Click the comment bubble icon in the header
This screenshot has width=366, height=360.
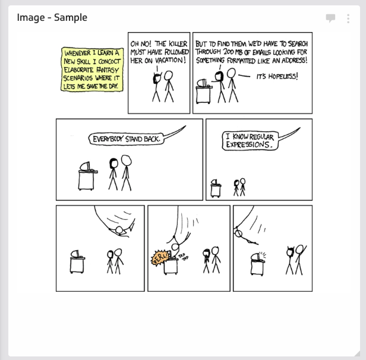click(x=330, y=18)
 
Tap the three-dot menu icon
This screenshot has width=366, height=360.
click(x=348, y=18)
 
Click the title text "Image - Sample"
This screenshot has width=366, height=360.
click(x=52, y=17)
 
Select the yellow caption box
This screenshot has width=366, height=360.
click(x=92, y=70)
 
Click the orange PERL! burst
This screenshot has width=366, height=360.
click(x=160, y=258)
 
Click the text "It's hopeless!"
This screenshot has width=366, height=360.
click(x=277, y=76)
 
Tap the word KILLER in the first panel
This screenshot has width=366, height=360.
click(x=178, y=44)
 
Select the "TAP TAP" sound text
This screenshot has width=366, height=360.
click(x=184, y=257)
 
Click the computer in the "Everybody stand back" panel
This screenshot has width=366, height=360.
click(x=88, y=176)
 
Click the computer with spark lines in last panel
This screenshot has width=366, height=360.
click(x=258, y=264)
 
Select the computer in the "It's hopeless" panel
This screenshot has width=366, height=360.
click(x=204, y=91)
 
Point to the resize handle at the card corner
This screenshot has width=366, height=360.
click(x=357, y=353)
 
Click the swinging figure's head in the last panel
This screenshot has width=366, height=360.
click(x=238, y=233)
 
